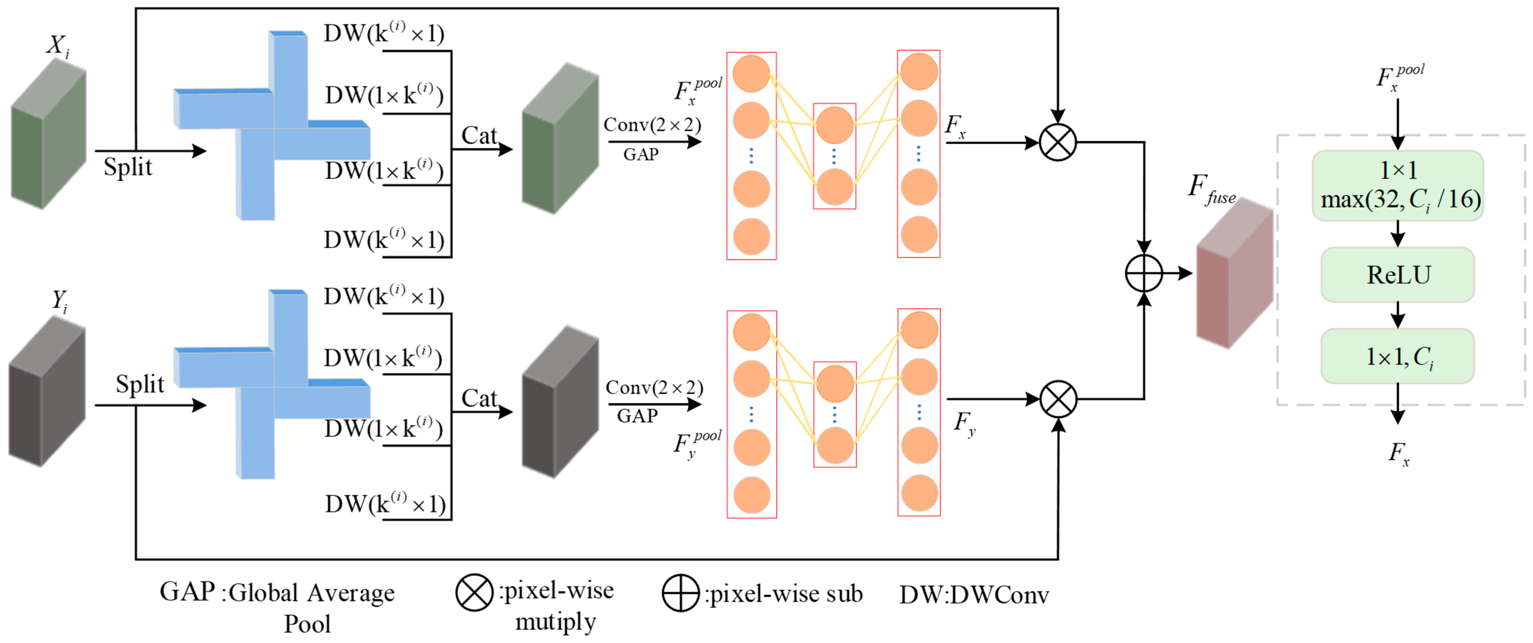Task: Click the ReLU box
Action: pos(1397,275)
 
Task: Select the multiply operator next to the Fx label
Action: pos(1057,143)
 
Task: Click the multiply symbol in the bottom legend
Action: pos(474,593)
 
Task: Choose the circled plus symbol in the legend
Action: pos(680,593)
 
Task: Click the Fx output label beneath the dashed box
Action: pos(1398,454)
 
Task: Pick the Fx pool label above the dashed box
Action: pos(1399,78)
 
